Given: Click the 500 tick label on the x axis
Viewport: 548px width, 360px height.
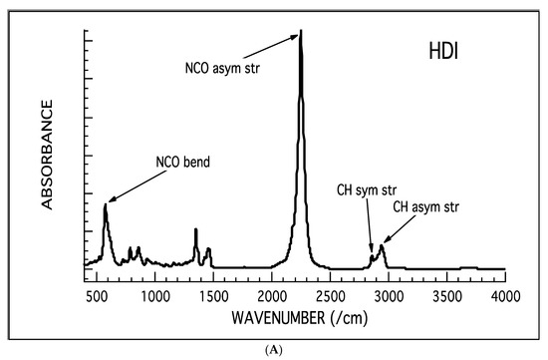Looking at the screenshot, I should [97, 297].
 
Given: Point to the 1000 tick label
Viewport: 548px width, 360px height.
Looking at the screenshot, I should [154, 297].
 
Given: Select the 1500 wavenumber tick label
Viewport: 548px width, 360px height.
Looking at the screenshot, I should [213, 297].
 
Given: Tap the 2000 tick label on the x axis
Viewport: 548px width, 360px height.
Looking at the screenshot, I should [272, 297].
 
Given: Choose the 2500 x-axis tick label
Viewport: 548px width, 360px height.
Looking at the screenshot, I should [331, 297].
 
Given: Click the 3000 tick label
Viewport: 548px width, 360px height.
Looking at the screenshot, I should [389, 297].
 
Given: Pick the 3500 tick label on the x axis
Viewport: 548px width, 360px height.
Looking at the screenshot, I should [447, 297].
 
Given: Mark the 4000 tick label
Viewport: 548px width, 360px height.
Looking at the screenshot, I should [505, 297].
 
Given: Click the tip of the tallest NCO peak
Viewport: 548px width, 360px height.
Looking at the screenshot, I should [301, 31].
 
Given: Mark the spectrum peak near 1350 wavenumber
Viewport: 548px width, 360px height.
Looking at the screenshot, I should [196, 230].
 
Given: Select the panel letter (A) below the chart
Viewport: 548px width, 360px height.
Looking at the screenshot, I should [274, 350].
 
